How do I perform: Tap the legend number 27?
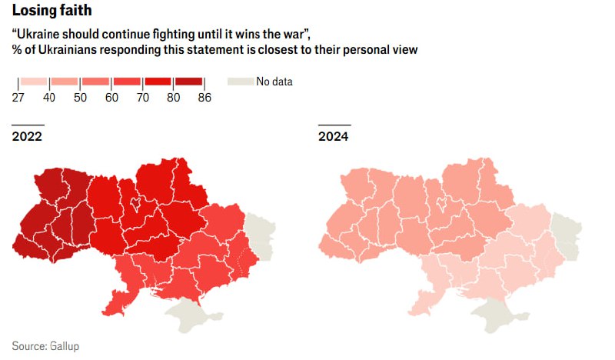click(18, 97)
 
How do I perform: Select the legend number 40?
click(49, 97)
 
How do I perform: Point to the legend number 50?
click(80, 97)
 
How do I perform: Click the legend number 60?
click(111, 97)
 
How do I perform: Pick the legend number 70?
click(142, 97)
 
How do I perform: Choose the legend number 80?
click(173, 97)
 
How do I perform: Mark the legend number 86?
click(204, 97)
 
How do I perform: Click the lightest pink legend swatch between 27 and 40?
click(34, 82)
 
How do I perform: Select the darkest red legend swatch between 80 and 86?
click(188, 82)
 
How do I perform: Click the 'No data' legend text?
click(274, 82)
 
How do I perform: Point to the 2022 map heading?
click(27, 137)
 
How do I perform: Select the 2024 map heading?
click(334, 137)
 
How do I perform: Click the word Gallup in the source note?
click(64, 346)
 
